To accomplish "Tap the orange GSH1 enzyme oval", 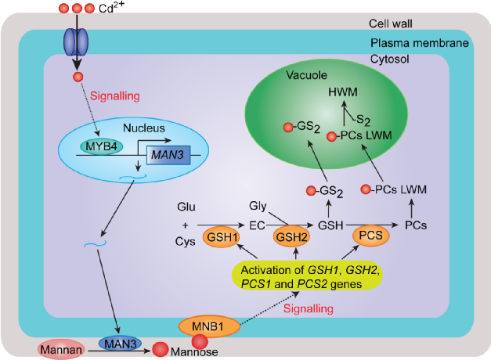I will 221,237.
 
